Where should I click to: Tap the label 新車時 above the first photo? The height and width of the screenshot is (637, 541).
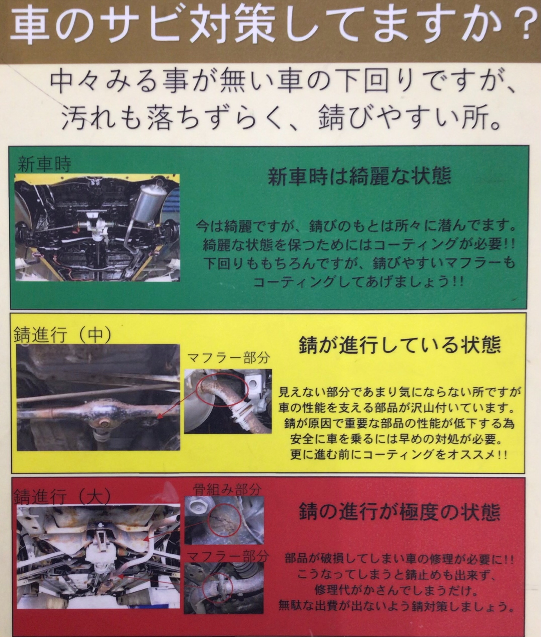pyautogui.click(x=44, y=165)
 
